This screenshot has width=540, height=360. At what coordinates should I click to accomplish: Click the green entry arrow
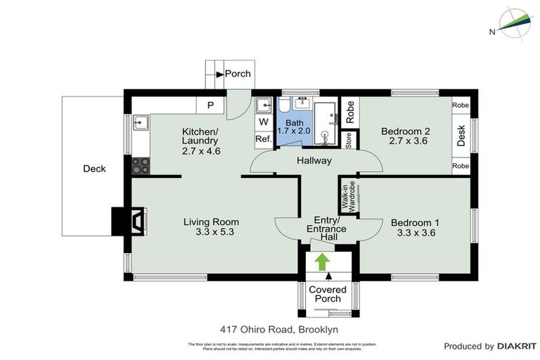click(322, 262)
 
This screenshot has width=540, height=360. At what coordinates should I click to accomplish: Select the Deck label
click(94, 169)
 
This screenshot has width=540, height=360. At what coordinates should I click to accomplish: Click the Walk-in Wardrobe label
click(349, 195)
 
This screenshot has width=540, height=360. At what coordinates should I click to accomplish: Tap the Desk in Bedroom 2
click(461, 135)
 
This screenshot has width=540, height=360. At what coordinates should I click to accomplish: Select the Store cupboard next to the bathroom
click(348, 140)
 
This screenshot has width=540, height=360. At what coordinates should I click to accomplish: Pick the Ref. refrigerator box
click(264, 139)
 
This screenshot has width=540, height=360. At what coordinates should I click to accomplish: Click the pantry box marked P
click(210, 106)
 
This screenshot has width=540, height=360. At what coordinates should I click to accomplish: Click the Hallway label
click(314, 161)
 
